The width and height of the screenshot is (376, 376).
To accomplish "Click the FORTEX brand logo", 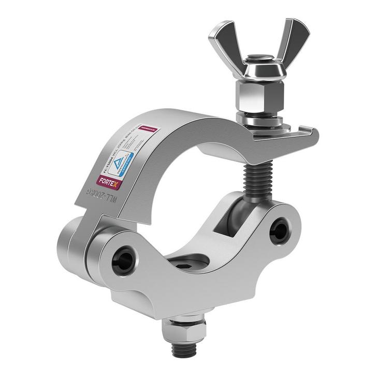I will tap(108, 181).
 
